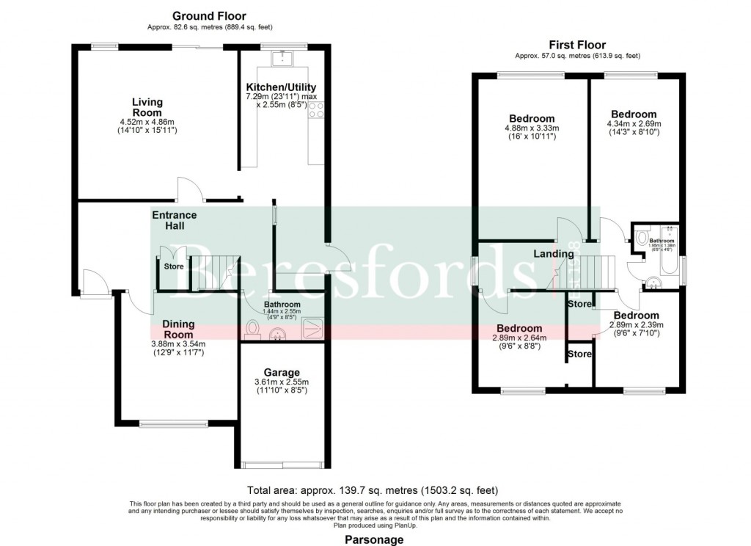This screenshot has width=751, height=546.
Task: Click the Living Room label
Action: pos(147,107)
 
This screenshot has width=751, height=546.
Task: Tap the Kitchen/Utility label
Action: pos(281,87)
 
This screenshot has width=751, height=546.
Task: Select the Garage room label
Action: pos(282,373)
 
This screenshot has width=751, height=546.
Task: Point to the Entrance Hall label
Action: pos(174,220)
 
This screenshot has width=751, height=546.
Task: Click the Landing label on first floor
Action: pos(554,254)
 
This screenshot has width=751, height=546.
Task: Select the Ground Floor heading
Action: pos(209,15)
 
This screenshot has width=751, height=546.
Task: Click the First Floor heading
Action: pos(577,45)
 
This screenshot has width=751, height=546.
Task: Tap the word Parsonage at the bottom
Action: pos(374,539)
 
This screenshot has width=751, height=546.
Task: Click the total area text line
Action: pos(374,489)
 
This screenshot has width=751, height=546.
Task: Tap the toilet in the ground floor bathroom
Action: pos(254,329)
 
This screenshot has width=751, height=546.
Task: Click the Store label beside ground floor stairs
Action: pos(174,266)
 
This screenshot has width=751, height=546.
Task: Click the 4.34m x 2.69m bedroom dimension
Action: pos(634,124)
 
